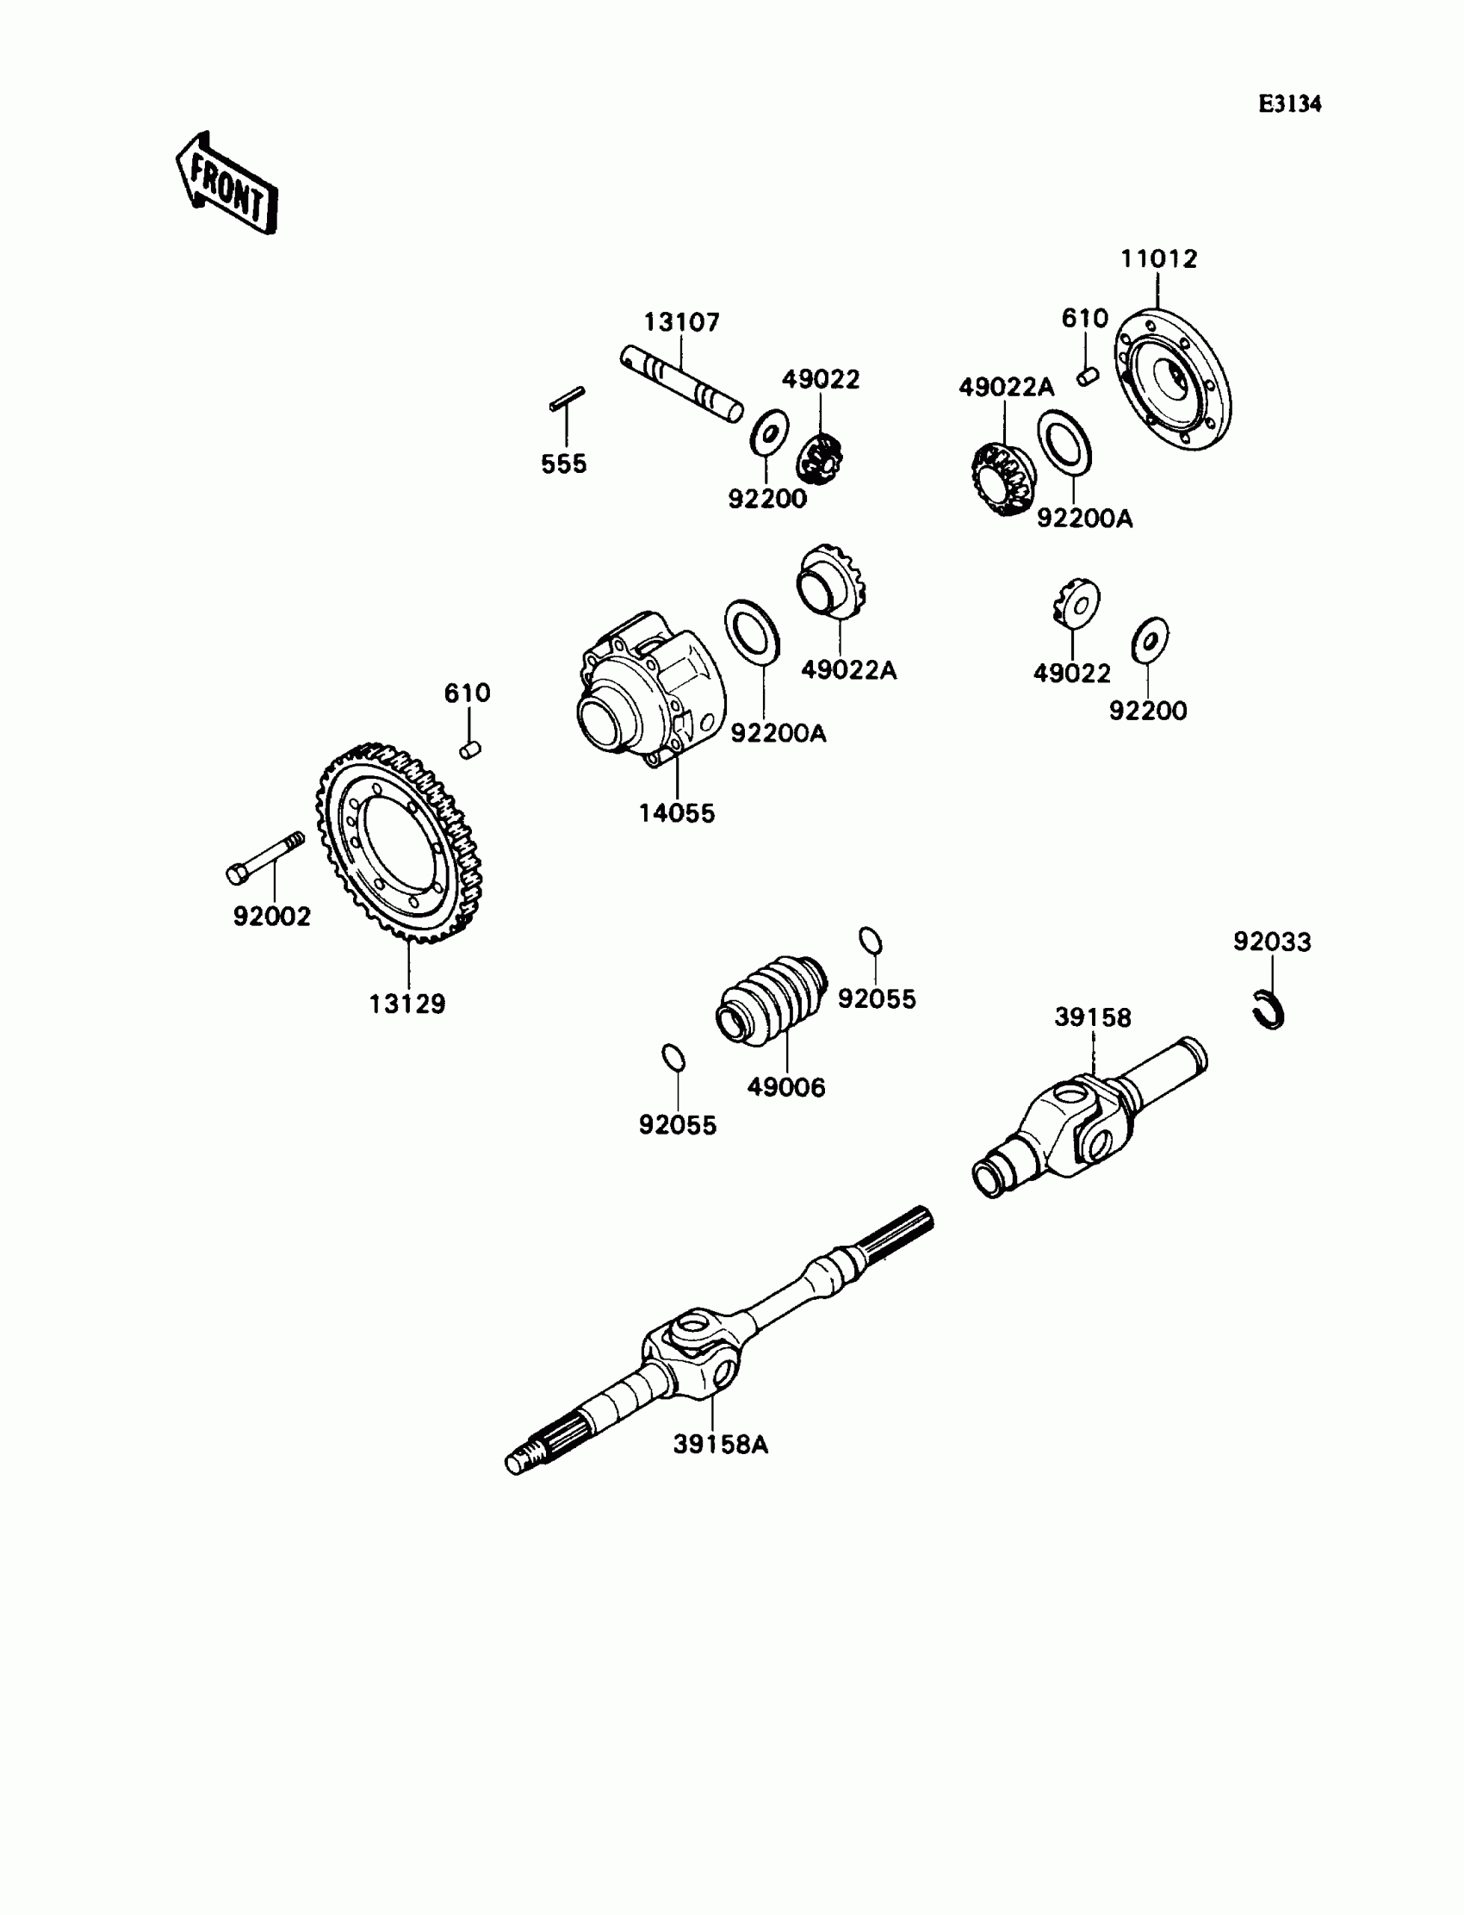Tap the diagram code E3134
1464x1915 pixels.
point(1290,104)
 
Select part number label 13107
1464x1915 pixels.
point(681,323)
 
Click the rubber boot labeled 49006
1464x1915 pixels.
point(771,998)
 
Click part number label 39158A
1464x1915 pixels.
point(721,1445)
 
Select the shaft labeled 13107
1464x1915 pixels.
point(681,384)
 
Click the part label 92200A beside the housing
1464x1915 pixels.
point(779,734)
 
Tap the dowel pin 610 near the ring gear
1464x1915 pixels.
point(470,749)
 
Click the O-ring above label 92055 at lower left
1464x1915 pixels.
point(673,1057)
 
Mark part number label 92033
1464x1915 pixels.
point(1271,942)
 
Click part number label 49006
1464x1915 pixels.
point(786,1088)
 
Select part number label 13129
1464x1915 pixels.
point(407,1004)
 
